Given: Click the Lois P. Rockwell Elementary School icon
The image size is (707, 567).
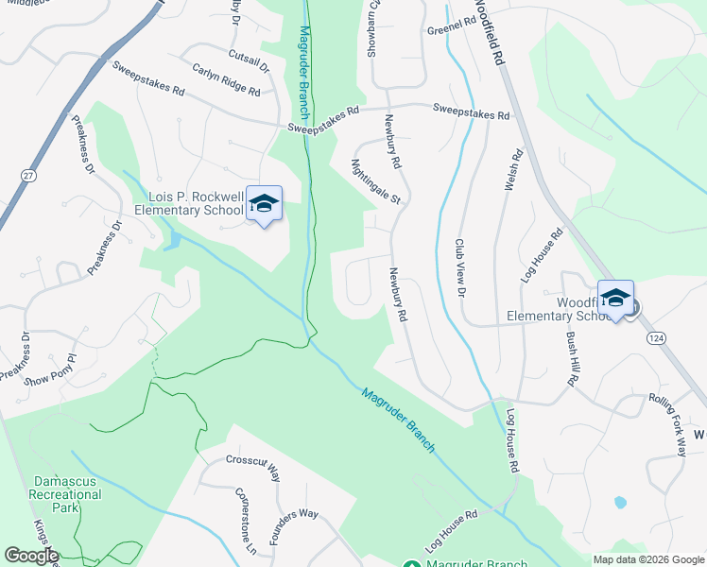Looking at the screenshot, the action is (265, 204).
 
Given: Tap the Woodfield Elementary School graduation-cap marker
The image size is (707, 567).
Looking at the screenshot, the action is (615, 299).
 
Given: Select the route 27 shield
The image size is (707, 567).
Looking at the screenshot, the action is (29, 176).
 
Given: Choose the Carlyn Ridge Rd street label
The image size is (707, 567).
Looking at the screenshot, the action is (226, 81).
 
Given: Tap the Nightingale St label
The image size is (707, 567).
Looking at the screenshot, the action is (375, 181).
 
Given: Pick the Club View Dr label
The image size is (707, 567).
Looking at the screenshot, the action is (461, 268).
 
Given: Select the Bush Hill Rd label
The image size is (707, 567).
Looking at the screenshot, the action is (570, 358).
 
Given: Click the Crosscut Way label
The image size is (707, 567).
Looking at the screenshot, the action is (253, 468).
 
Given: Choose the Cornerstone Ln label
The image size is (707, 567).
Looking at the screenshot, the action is (244, 523).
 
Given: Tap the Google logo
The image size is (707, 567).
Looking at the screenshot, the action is (30, 556).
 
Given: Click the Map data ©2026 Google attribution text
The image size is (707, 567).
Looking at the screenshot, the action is (648, 559).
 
